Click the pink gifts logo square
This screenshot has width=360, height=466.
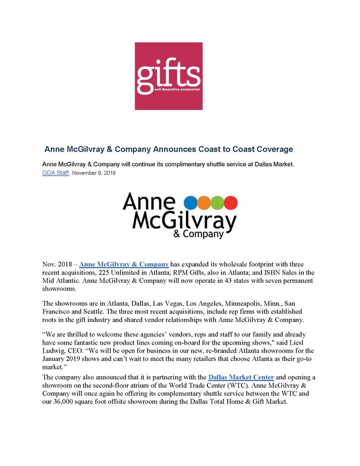pyautogui.click(x=168, y=76)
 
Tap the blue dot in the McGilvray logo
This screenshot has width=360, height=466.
pyautogui.click(x=191, y=202)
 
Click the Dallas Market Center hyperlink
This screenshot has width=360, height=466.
pyautogui.click(x=241, y=377)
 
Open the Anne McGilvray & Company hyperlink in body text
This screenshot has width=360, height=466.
pyautogui.click(x=124, y=264)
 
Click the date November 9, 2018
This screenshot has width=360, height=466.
pyautogui.click(x=94, y=173)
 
